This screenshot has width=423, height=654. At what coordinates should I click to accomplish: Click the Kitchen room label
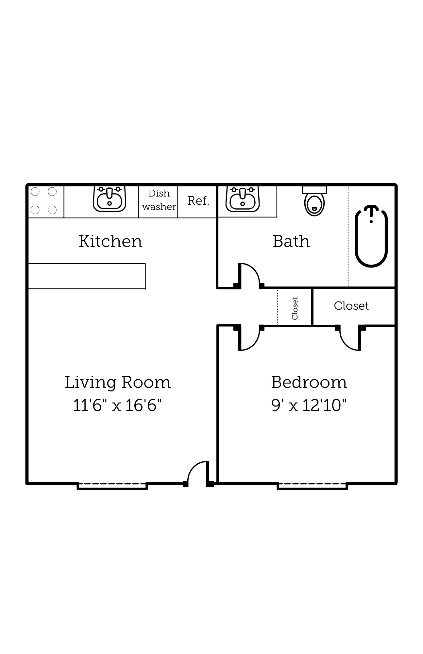pyautogui.click(x=110, y=241)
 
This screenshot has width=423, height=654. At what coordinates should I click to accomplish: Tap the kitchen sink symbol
pyautogui.click(x=110, y=199)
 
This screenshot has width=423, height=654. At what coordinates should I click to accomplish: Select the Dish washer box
pyautogui.click(x=159, y=200)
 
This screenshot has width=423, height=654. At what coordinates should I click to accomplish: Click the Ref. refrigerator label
pyautogui.click(x=198, y=201)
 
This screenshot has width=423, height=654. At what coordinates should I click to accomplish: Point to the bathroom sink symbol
pyautogui.click(x=243, y=199)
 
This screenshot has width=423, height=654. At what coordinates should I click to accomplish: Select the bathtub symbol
pyautogui.click(x=371, y=236)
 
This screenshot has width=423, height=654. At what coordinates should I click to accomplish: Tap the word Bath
pyautogui.click(x=291, y=241)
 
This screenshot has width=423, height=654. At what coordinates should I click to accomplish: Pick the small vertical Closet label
pyautogui.click(x=295, y=308)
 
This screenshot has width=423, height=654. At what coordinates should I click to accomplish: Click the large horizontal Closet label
pyautogui.click(x=351, y=306)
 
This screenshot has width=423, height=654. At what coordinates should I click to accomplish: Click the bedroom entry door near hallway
pyautogui.click(x=250, y=340)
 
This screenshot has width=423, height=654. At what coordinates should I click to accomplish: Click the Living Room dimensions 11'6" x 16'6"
pyautogui.click(x=117, y=405)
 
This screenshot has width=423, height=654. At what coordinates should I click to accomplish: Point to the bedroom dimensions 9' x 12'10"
pyautogui.click(x=309, y=405)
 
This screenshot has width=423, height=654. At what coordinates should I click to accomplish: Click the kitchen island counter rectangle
pyautogui.click(x=87, y=276)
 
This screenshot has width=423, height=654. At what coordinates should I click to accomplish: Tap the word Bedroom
pyautogui.click(x=309, y=382)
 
